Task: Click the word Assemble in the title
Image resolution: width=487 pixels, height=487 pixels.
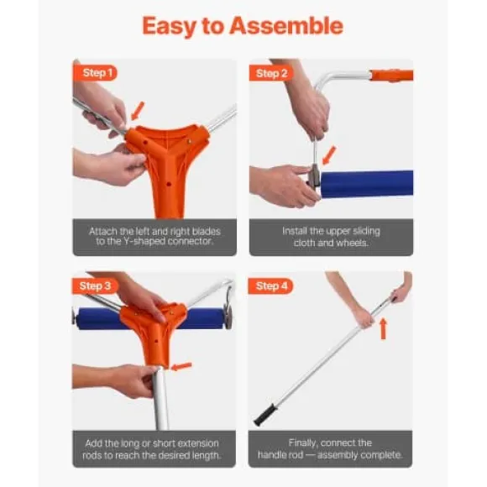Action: coord(286,25)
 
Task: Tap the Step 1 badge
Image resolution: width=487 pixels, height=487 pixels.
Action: coord(95,73)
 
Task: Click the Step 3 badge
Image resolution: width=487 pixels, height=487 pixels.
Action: coord(94,286)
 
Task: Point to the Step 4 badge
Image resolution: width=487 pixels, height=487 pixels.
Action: coord(270,286)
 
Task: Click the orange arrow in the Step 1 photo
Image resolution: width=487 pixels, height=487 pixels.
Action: coord(138,111)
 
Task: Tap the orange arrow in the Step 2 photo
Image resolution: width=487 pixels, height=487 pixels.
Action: coord(329,155)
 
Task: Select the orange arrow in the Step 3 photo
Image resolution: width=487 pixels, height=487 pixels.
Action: coord(181,366)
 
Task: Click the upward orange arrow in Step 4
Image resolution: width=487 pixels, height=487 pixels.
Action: coord(384,328)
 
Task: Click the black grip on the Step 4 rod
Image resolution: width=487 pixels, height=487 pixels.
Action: coord(265,415)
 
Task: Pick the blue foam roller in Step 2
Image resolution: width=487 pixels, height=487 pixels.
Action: coord(366,183)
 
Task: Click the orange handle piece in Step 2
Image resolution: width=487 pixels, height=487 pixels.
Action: coord(392,76)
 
